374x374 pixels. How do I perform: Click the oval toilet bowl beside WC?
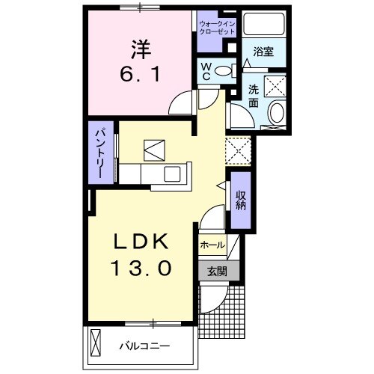pos(224,72)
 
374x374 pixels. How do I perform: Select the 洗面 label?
pos(254,96)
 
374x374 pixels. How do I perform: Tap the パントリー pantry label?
pos(99,151)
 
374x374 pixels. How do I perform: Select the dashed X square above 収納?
pos(241,151)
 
